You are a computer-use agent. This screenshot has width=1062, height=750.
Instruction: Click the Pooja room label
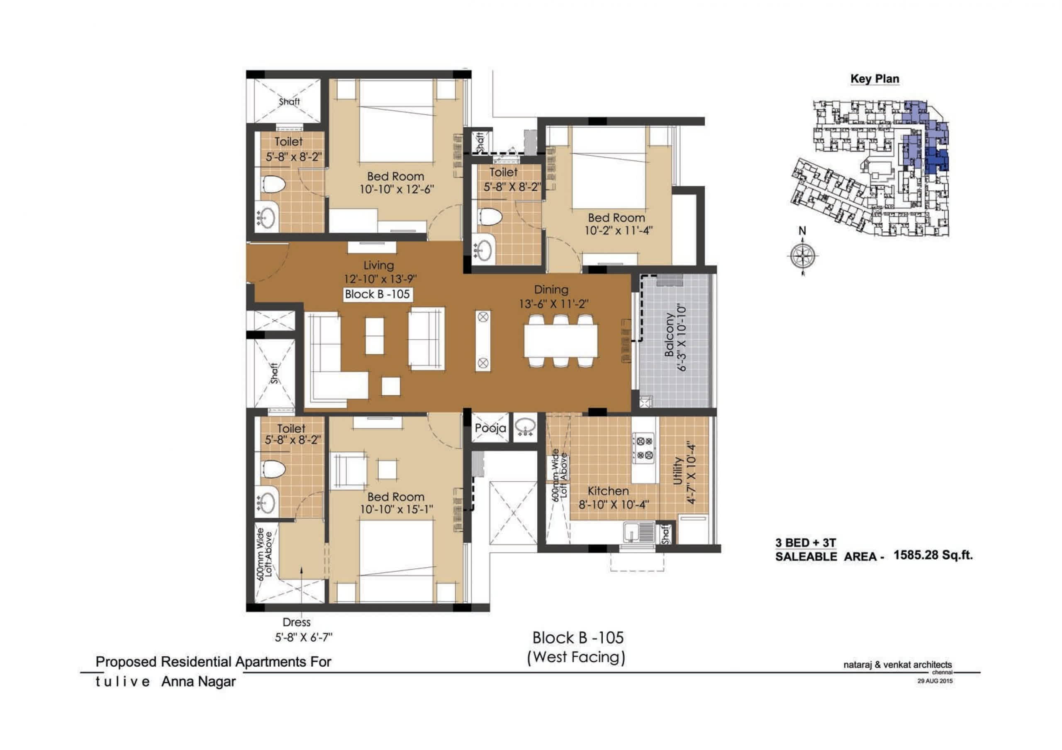click(490, 428)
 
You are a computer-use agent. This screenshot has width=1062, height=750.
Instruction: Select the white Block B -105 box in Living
click(378, 294)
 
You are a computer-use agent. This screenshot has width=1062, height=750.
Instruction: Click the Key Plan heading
click(874, 79)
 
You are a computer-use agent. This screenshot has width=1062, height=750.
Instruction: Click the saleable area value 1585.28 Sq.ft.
click(933, 555)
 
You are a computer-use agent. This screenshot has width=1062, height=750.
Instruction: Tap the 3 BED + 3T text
click(806, 543)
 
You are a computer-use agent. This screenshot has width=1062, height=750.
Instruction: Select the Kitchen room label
click(608, 490)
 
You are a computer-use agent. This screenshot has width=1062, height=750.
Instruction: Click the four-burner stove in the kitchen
click(643, 448)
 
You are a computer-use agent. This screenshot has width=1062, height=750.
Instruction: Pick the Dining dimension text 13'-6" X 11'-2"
click(554, 304)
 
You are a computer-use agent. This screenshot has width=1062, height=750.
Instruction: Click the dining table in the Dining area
click(560, 341)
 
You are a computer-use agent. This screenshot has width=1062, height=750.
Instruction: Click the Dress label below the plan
click(297, 622)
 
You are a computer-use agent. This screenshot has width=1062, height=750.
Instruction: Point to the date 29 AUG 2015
click(935, 681)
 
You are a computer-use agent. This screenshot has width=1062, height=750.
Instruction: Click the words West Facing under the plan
click(576, 657)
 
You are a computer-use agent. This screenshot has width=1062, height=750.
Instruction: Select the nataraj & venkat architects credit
click(898, 665)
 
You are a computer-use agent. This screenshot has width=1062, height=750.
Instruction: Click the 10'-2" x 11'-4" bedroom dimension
click(619, 230)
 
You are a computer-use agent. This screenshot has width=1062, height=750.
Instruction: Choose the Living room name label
click(379, 265)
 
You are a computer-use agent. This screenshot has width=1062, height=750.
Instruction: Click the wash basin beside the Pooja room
click(525, 426)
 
